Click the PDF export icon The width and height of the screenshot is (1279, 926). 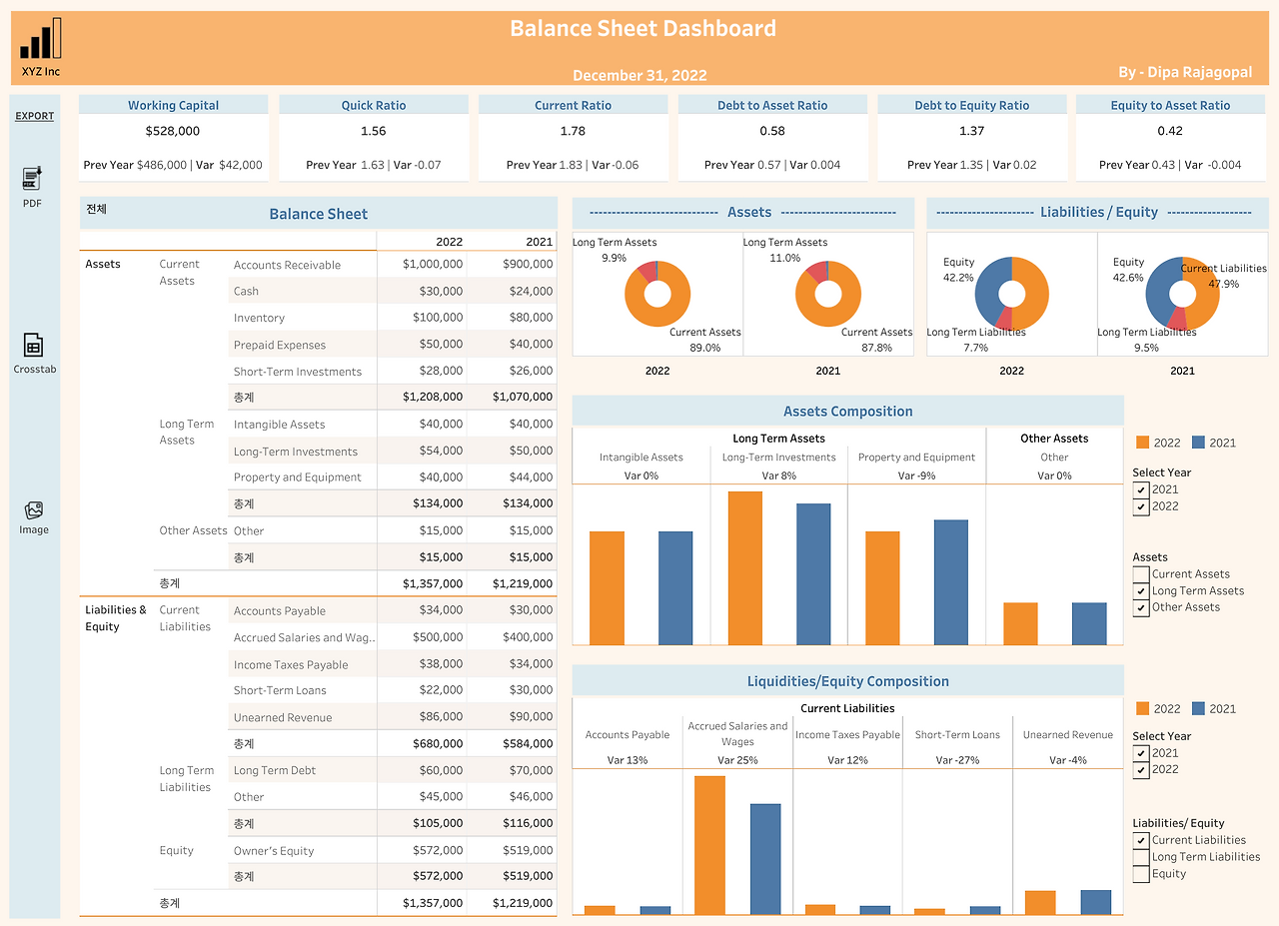[32, 179]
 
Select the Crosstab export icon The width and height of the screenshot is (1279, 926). [33, 345]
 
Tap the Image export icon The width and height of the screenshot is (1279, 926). [33, 509]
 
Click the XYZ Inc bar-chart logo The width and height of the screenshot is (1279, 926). [40, 38]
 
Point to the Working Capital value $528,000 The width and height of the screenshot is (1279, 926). [172, 131]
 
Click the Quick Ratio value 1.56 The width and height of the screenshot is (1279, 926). [373, 131]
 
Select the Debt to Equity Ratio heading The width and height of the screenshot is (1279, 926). [971, 105]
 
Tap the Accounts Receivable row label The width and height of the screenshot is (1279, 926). [287, 265]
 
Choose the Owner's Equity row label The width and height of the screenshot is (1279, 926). [274, 851]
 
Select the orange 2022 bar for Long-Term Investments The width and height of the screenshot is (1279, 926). [744, 567]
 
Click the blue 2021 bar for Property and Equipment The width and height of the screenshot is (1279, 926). [950, 581]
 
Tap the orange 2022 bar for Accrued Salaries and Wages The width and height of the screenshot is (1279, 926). [708, 844]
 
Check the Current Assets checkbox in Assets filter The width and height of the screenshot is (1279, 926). [1141, 574]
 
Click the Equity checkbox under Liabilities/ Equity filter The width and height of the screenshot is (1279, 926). [1141, 874]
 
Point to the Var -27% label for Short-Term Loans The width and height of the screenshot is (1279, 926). [957, 760]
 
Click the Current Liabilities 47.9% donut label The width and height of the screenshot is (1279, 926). [1223, 276]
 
